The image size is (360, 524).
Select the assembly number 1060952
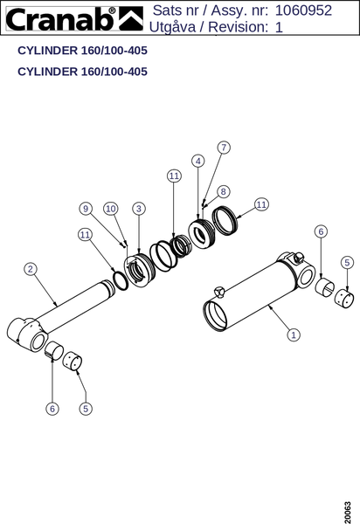(x=303, y=10)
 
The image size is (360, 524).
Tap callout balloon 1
(x=294, y=334)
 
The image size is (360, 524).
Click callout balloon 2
(x=31, y=269)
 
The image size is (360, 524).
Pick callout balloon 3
(x=139, y=209)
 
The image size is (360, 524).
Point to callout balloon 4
(x=198, y=161)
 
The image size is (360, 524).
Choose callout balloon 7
(x=224, y=148)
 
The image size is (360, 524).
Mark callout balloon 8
(x=224, y=191)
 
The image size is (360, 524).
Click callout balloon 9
(x=86, y=209)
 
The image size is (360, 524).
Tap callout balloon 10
(x=111, y=209)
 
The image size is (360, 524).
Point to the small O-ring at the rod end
(x=121, y=280)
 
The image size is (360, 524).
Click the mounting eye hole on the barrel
(x=307, y=277)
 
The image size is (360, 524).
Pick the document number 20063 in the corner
(x=348, y=513)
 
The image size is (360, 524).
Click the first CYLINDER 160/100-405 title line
(x=82, y=51)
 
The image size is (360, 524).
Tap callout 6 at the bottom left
(x=52, y=409)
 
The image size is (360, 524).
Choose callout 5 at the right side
(x=347, y=262)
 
